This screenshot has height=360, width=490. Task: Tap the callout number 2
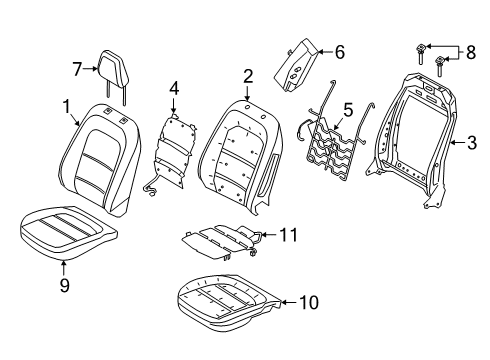coord(247,74)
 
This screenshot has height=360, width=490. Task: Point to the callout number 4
coord(174,88)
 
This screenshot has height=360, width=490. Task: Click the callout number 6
coord(339,50)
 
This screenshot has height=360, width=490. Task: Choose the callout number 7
coord(76,67)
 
